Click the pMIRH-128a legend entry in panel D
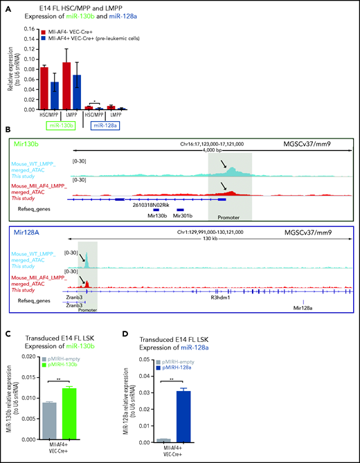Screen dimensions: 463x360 click(255, 368)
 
